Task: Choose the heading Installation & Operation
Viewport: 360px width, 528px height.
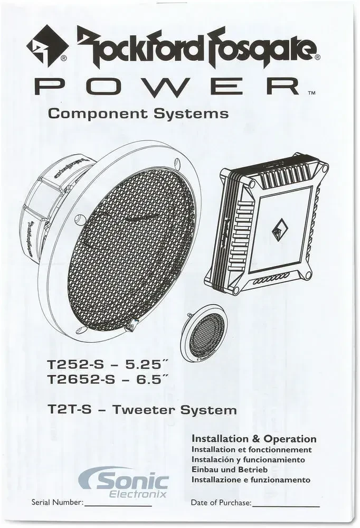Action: point(254,439)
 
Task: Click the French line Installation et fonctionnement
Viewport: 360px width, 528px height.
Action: point(251,450)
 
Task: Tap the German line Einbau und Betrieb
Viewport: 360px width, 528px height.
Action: point(230,470)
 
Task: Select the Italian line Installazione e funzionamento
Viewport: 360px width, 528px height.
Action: point(251,480)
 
